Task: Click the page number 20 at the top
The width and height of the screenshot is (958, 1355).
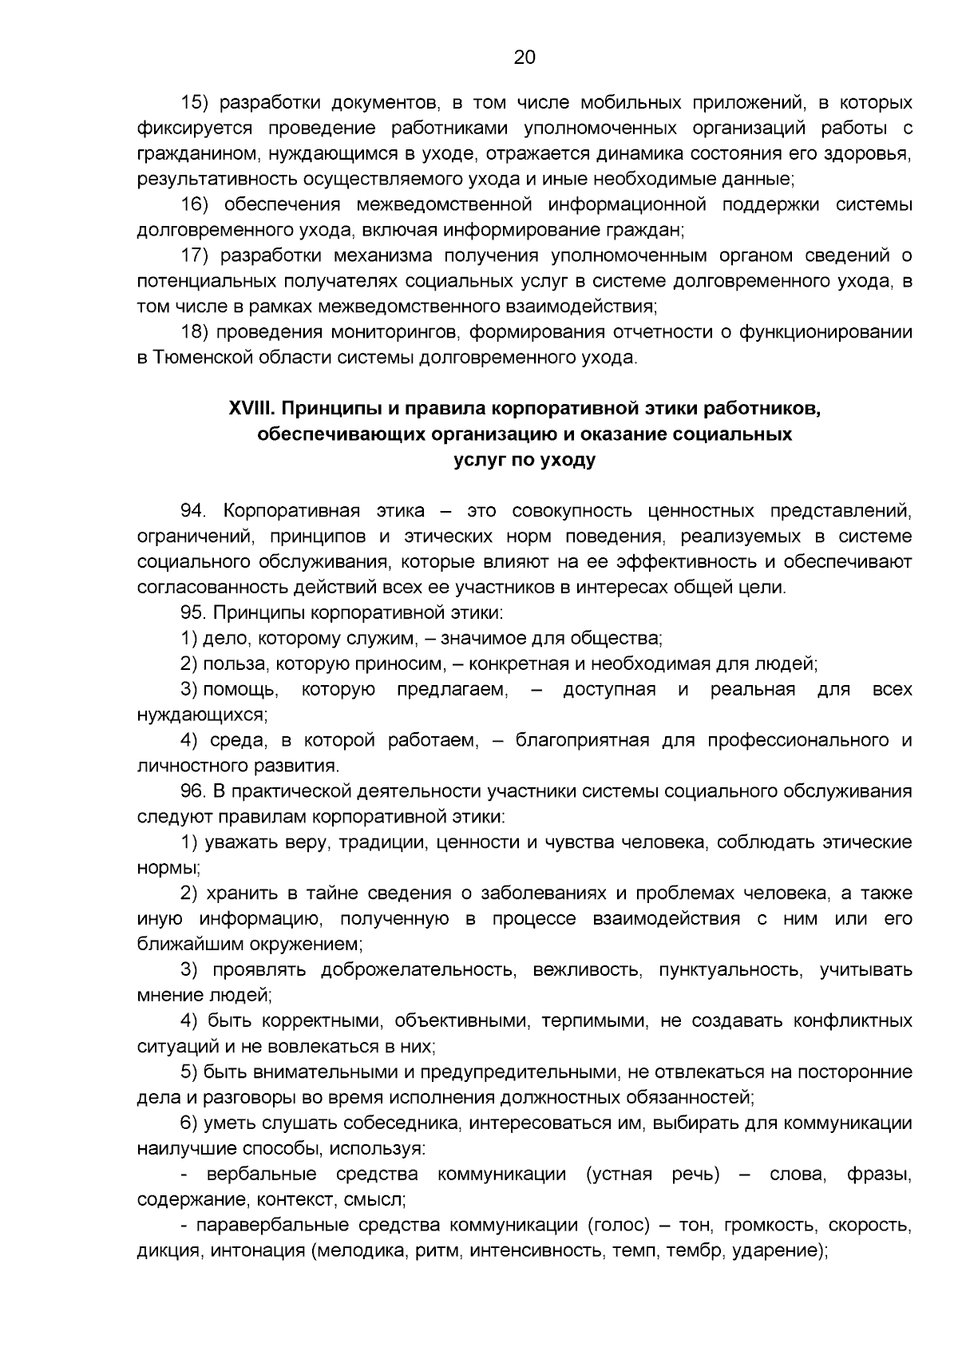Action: [x=524, y=57]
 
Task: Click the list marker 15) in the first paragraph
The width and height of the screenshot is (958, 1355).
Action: [x=195, y=102]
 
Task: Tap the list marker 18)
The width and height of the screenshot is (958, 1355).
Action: [x=195, y=332]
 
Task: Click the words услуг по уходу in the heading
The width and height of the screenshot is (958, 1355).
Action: [x=524, y=460]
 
